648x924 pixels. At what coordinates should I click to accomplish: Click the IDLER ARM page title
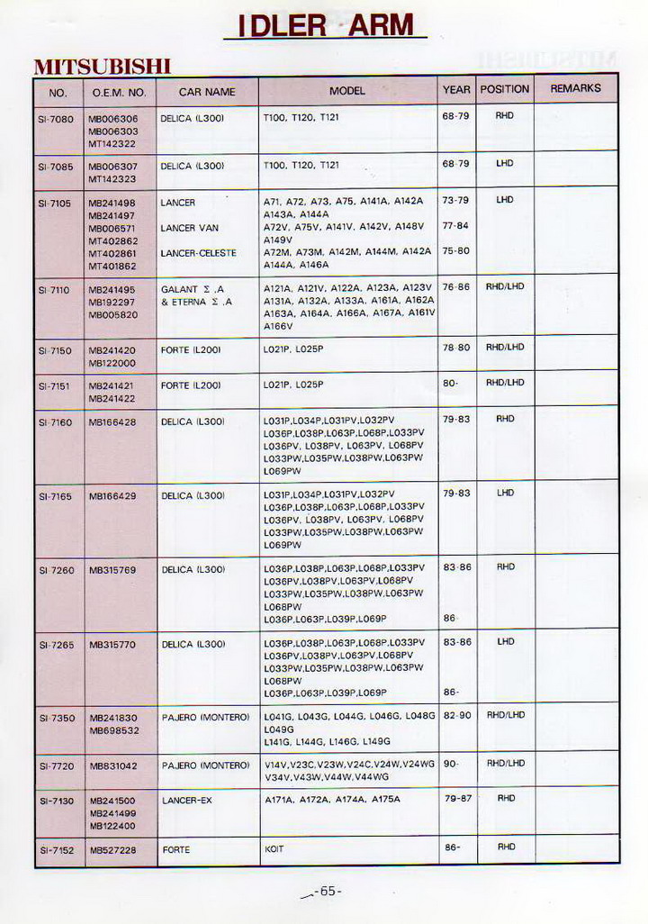tap(325, 26)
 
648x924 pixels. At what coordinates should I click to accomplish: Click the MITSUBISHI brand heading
tap(102, 68)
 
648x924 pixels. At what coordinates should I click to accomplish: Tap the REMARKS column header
tap(575, 89)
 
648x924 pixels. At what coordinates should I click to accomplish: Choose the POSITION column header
tap(504, 89)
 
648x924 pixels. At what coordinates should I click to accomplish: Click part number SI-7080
tap(58, 118)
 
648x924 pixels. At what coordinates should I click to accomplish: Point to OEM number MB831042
tap(112, 765)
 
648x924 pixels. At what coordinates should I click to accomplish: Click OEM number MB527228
tap(112, 849)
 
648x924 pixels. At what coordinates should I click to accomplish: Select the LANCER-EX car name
tap(186, 800)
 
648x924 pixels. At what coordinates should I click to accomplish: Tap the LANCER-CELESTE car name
tap(198, 253)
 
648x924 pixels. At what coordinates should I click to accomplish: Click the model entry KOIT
tap(274, 848)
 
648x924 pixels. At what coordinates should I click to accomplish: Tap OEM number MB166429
tap(112, 495)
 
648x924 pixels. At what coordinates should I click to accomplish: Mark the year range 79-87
tap(457, 798)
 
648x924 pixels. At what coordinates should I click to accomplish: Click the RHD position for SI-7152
tap(505, 847)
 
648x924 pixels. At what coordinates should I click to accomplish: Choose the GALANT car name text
tap(180, 290)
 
